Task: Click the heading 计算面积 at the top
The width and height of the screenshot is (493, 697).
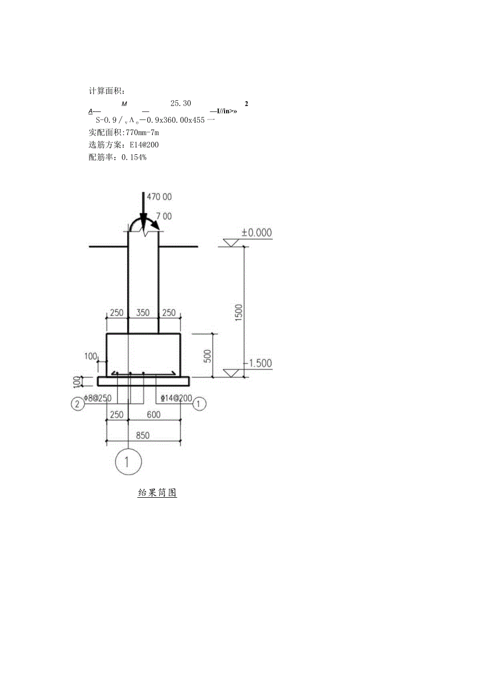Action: point(107,91)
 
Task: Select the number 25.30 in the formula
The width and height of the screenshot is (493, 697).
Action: point(181,103)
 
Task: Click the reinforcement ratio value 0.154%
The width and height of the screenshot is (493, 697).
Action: point(134,158)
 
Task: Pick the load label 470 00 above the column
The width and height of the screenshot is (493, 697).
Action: point(160,197)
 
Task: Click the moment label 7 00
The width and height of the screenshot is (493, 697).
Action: point(164,216)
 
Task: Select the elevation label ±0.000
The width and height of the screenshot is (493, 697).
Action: point(257,233)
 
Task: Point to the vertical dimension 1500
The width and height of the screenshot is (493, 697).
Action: point(239,312)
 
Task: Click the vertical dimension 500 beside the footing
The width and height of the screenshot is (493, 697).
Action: point(209,355)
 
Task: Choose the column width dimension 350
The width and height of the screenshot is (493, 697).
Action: point(143,313)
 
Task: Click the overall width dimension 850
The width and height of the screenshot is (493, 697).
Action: point(143,436)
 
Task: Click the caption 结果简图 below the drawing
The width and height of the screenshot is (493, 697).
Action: point(157,493)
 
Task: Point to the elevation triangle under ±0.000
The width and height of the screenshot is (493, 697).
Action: point(232,242)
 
